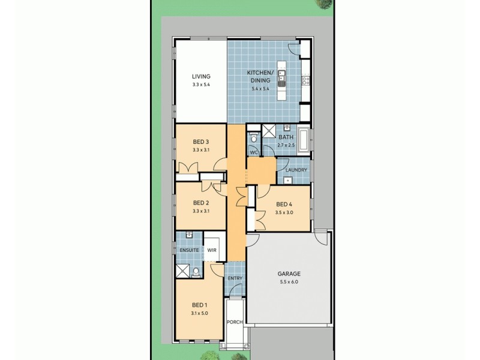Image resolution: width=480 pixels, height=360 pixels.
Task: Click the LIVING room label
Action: click(x=200, y=76)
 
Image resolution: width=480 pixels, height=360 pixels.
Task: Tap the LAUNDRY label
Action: click(x=296, y=170)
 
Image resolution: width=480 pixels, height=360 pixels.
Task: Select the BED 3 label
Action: click(x=200, y=142)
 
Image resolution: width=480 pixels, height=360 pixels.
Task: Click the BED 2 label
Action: click(x=200, y=203)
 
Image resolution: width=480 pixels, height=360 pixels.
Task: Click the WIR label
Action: click(x=211, y=250)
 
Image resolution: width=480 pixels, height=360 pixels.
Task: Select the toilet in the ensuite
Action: click(x=196, y=272)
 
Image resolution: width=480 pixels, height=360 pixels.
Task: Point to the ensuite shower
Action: click(x=182, y=270)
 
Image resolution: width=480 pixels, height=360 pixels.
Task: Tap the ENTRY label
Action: click(x=235, y=279)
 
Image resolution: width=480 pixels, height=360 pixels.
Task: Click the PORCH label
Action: click(x=235, y=322)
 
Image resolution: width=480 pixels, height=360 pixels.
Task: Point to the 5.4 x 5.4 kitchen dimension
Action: click(x=260, y=89)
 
